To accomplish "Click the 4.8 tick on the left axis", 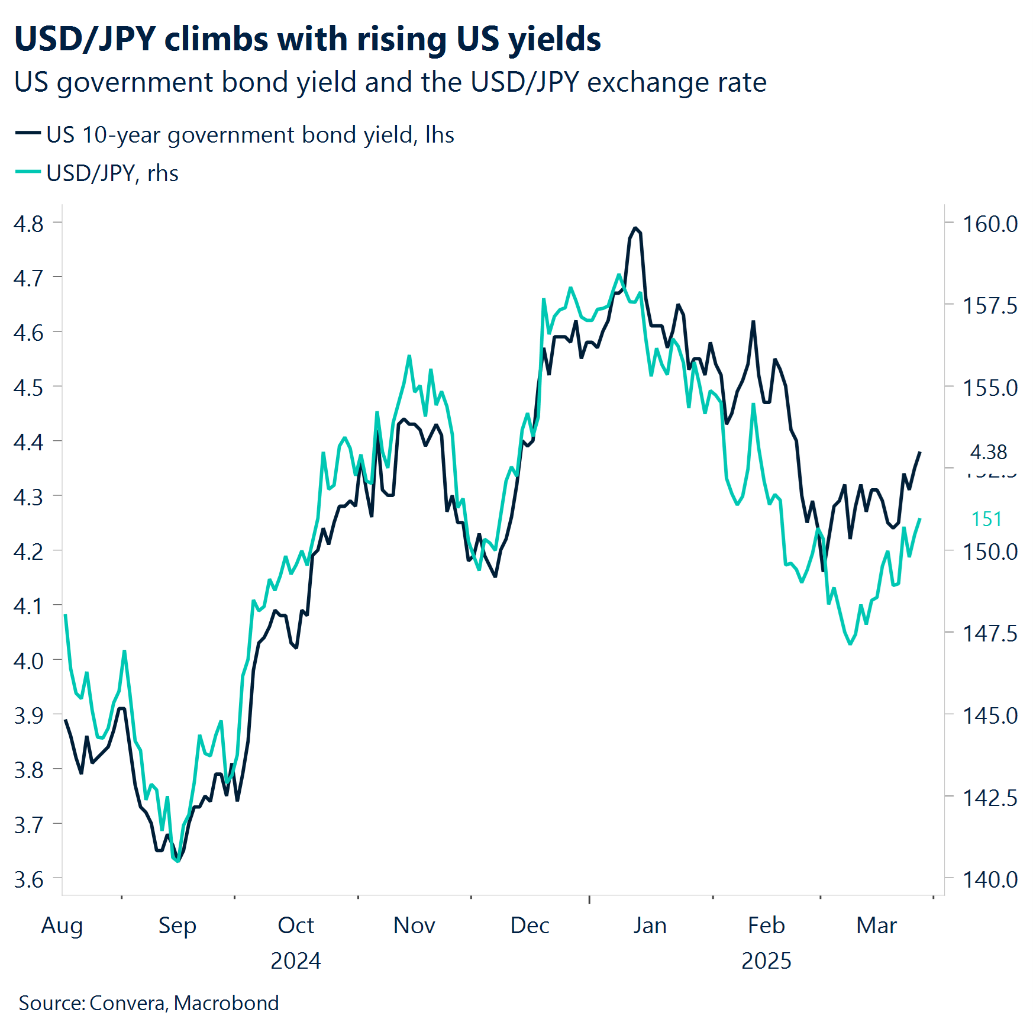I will (28, 224).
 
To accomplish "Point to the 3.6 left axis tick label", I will (28, 880).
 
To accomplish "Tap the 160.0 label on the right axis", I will (990, 224).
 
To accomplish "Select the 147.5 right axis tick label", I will (990, 634).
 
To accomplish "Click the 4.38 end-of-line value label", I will (988, 453).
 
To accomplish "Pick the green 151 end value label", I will (986, 520).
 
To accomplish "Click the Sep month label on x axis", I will (177, 926).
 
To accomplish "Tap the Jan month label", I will (650, 926).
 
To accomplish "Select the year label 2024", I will (295, 961).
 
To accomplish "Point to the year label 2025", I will (766, 961).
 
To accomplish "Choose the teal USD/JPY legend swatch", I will (28, 172).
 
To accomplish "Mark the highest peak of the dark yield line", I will (635, 228).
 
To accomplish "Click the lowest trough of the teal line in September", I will (177, 861).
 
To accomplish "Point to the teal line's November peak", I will (409, 356).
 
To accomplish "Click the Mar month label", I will (876, 926).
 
